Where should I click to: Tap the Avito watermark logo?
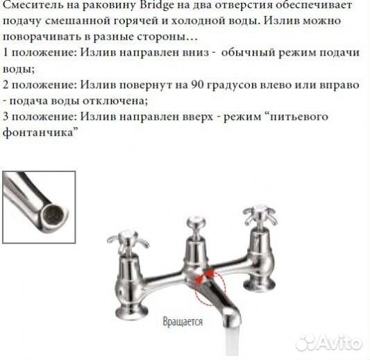328,342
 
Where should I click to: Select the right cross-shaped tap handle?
255,212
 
